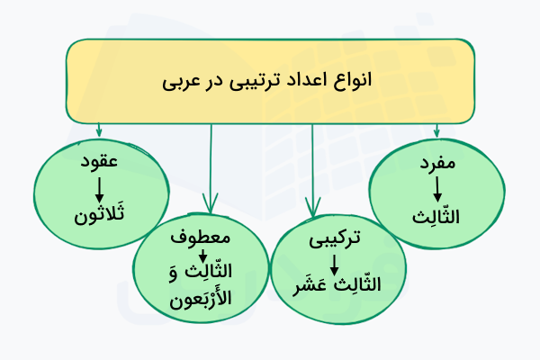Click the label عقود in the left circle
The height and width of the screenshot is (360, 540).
99,166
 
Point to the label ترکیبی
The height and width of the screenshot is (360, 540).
334,240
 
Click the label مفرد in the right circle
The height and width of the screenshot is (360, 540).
436,166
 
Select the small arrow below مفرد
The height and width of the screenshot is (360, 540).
436,190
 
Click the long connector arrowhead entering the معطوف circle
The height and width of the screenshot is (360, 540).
211,203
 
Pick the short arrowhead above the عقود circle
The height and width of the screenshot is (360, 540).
99,133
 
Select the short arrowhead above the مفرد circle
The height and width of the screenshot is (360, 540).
436,131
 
